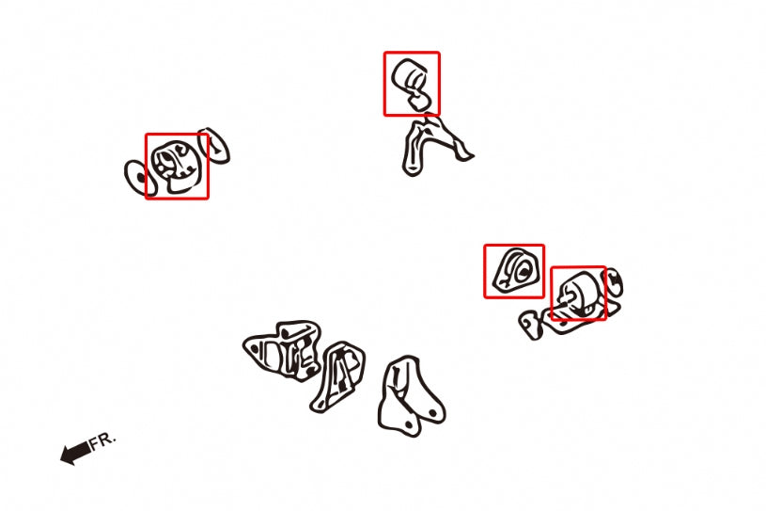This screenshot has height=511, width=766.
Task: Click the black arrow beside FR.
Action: tap(75, 454)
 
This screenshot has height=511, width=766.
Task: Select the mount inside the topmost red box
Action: tap(412, 83)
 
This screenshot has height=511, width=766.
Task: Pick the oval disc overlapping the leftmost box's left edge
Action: tap(140, 178)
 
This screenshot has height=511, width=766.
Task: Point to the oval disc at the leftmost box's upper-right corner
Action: tap(214, 146)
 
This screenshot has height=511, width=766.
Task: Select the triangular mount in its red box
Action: tap(515, 270)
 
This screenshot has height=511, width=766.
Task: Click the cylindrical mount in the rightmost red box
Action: tap(578, 295)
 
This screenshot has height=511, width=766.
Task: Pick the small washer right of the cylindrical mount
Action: tap(614, 281)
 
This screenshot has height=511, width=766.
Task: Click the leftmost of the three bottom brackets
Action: tap(282, 350)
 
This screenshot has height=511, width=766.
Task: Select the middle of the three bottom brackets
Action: tap(338, 376)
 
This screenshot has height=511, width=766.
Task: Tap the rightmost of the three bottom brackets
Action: tap(410, 396)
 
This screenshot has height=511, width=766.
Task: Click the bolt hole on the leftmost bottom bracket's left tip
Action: tap(255, 348)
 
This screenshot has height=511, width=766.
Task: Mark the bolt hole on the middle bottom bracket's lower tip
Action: tap(320, 403)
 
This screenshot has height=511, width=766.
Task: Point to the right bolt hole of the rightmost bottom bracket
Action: tap(432, 414)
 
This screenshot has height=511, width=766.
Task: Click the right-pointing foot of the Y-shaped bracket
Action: tap(462, 152)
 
